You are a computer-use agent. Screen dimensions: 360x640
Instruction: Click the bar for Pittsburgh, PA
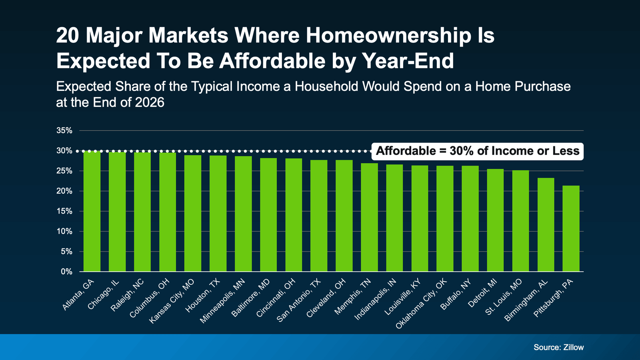[x=571, y=228]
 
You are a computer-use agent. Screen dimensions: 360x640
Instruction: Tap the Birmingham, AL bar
[x=546, y=225]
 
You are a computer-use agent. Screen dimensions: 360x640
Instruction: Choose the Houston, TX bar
[x=218, y=214]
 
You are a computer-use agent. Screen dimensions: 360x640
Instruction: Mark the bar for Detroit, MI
[x=495, y=220]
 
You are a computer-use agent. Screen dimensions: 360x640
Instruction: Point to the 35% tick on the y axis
[x=64, y=131]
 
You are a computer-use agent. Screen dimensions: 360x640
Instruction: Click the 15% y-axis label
[x=64, y=211]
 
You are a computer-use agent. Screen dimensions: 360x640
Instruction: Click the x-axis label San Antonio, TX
[x=299, y=301]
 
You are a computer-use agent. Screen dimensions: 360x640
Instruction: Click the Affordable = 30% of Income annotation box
[x=477, y=151]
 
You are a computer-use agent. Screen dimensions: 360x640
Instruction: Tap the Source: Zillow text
[x=558, y=347]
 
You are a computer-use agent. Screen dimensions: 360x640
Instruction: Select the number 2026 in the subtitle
[x=150, y=102]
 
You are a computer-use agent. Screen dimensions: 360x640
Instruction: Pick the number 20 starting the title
[x=67, y=36]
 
